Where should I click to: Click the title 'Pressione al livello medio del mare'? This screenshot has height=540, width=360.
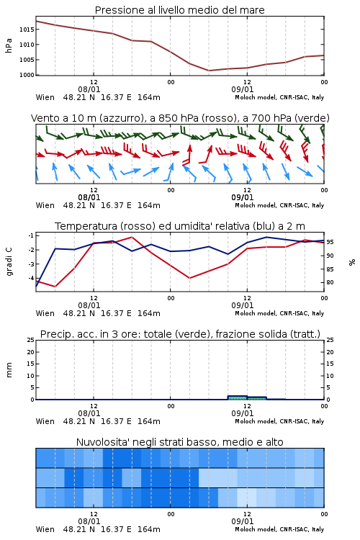coord(179,10)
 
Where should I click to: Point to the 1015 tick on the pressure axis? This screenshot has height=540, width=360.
coord(27,30)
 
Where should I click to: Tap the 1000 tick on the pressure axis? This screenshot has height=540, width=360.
coord(27,75)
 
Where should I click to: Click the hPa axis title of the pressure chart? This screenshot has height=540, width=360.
coord(9,45)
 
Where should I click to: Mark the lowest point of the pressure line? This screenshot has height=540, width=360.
coord(209,71)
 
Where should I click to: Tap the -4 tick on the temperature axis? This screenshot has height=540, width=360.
coord(31,278)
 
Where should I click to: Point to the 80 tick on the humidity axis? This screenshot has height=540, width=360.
coord(330,282)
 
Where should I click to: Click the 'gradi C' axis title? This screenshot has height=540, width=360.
coord(9,262)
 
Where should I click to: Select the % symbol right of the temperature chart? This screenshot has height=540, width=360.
coord(352,262)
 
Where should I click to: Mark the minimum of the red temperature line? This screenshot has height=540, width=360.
coord(55,287)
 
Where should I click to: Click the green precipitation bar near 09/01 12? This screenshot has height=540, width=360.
coord(238,397)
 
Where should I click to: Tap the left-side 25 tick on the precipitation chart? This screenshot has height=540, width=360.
coord(31,341)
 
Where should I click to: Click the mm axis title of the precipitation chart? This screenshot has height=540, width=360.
coord(9,370)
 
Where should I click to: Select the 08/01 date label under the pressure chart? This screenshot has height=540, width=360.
coord(89,89)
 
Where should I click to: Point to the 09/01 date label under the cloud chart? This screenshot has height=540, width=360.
coord(243,521)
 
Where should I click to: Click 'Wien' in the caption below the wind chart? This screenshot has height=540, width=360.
coord(45,206)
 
